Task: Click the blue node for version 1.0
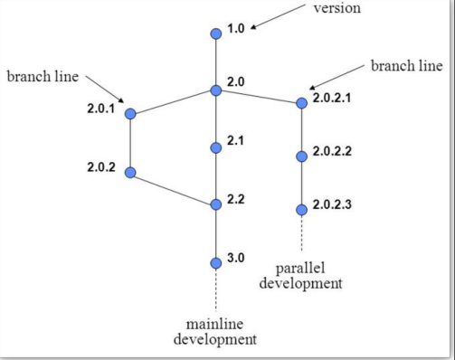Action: pyautogui.click(x=215, y=34)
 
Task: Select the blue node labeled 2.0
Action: pyautogui.click(x=215, y=90)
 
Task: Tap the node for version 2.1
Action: pyautogui.click(x=215, y=147)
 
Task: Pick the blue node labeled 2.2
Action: pyautogui.click(x=215, y=204)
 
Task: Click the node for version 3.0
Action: pyautogui.click(x=215, y=263)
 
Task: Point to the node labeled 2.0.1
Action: pyautogui.click(x=130, y=114)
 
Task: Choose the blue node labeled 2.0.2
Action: pyautogui.click(x=130, y=172)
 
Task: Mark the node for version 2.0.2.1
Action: pyautogui.click(x=302, y=103)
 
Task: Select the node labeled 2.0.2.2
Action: pyautogui.click(x=302, y=156)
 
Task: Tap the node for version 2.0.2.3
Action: pyautogui.click(x=302, y=210)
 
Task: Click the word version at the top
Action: pyautogui.click(x=337, y=9)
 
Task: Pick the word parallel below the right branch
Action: pyautogui.click(x=300, y=269)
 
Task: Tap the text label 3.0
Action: pyautogui.click(x=236, y=258)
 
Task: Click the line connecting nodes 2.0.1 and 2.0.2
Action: pyautogui.click(x=130, y=143)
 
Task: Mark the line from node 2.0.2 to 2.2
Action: pyautogui.click(x=173, y=188)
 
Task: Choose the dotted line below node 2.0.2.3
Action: pyautogui.click(x=302, y=232)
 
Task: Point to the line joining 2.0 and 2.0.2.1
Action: pyautogui.click(x=259, y=97)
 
